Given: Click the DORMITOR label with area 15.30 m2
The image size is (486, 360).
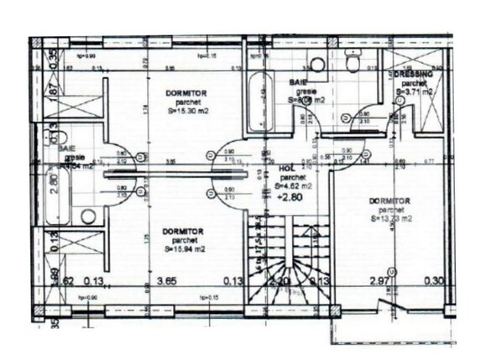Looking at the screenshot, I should (x=180, y=92).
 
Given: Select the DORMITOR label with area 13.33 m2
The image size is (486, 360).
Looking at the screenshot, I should (x=389, y=201).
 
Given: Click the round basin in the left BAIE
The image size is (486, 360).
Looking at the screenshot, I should (x=88, y=216).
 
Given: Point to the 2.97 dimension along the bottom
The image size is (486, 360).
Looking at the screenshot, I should (x=383, y=282).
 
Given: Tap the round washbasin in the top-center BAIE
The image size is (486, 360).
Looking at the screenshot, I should (x=317, y=65).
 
